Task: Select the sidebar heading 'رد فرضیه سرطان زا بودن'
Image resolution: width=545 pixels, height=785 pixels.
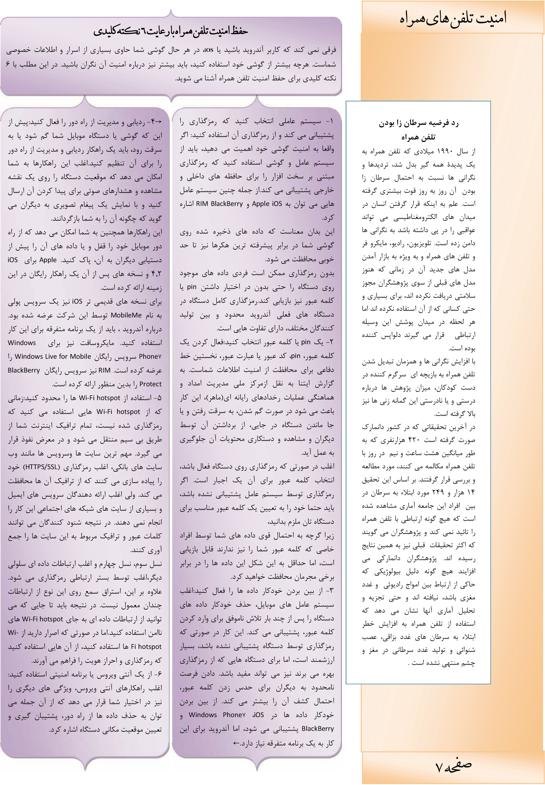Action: pyautogui.click(x=418, y=123)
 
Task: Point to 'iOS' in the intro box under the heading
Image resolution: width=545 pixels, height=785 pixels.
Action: pyautogui.click(x=209, y=50)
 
